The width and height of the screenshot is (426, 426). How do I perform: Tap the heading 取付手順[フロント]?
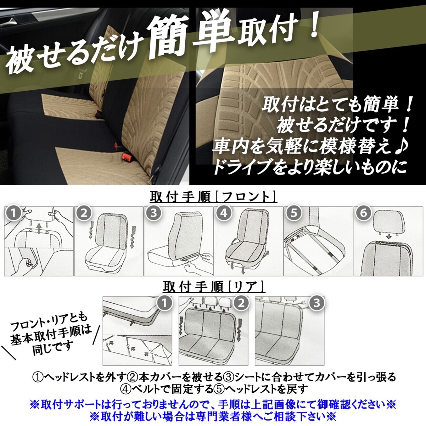click(x=213, y=197)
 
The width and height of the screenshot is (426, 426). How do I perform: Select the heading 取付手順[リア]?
click(x=213, y=287)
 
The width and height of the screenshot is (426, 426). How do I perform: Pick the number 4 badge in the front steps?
click(x=224, y=213)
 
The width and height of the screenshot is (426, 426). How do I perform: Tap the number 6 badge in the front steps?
click(x=364, y=213)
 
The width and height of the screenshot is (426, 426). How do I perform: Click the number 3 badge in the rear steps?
click(x=317, y=303)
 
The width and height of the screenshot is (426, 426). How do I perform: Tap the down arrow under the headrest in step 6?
click(x=389, y=237)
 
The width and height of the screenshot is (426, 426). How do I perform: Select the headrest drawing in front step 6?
click(x=390, y=221)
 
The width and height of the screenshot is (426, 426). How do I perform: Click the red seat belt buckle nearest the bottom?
click(x=125, y=157)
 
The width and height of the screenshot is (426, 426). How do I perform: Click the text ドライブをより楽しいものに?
click(x=310, y=167)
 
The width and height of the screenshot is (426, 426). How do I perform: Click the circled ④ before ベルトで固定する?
click(x=126, y=389)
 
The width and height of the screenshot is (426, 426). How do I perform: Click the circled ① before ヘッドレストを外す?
click(x=38, y=377)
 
